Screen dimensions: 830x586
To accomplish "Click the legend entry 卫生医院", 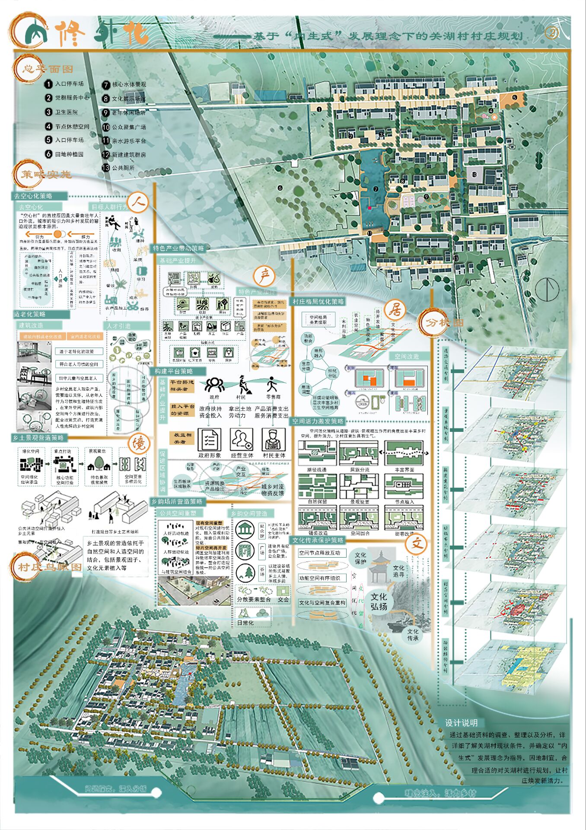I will coord(66,112).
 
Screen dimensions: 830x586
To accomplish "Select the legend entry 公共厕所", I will coord(123,168).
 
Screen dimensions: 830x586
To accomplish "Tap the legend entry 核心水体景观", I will coord(128,85).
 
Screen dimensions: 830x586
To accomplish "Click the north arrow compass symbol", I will coord(547,289).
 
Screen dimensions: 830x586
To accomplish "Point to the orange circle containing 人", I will coord(138,202).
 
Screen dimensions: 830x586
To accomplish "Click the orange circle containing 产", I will coord(264,275).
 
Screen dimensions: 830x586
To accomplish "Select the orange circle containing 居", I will coord(395,310).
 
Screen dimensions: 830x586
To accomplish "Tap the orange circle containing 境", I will coord(139,444).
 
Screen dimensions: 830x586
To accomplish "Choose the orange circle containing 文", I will coord(417,543).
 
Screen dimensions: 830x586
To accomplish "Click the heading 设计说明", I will coord(461,723).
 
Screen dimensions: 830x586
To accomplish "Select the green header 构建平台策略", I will coord(174,371).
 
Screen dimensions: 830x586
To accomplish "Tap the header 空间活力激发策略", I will coord(318,421).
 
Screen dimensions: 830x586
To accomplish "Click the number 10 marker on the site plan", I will coord(474,175).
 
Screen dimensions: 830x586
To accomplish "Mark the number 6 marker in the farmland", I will coord(280,188).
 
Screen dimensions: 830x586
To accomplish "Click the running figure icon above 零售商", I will coord(272,384).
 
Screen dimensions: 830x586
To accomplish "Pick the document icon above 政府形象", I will coord(210,440).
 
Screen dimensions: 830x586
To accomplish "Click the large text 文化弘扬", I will coord(379,601).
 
